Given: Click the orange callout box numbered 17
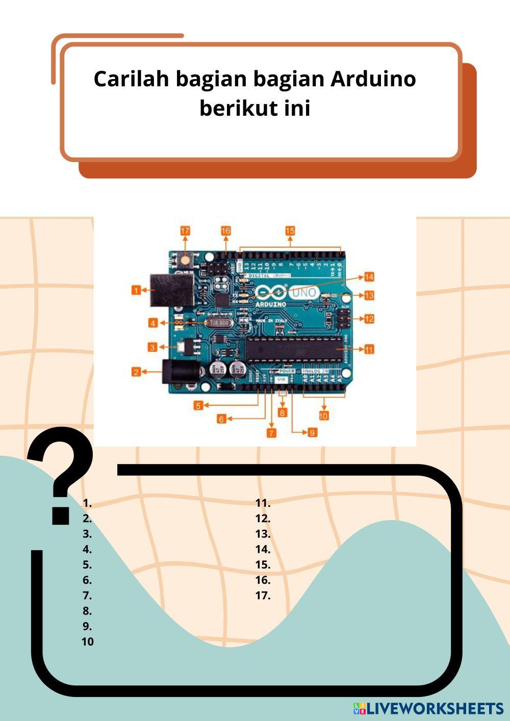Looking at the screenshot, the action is (x=185, y=231).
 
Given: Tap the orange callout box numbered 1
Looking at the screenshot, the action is (x=136, y=290).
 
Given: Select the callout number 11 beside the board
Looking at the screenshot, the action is (x=369, y=349).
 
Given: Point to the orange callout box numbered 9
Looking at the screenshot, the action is (x=313, y=432).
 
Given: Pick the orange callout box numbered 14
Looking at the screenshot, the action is (x=369, y=277).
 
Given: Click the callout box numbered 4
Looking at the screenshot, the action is (x=153, y=323).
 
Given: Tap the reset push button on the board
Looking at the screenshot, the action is (x=185, y=261).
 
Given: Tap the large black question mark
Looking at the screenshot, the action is (x=61, y=474).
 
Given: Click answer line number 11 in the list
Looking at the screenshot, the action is (x=263, y=503).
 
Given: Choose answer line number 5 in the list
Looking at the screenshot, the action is (x=87, y=564).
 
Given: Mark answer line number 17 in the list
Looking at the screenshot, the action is (x=263, y=595).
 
